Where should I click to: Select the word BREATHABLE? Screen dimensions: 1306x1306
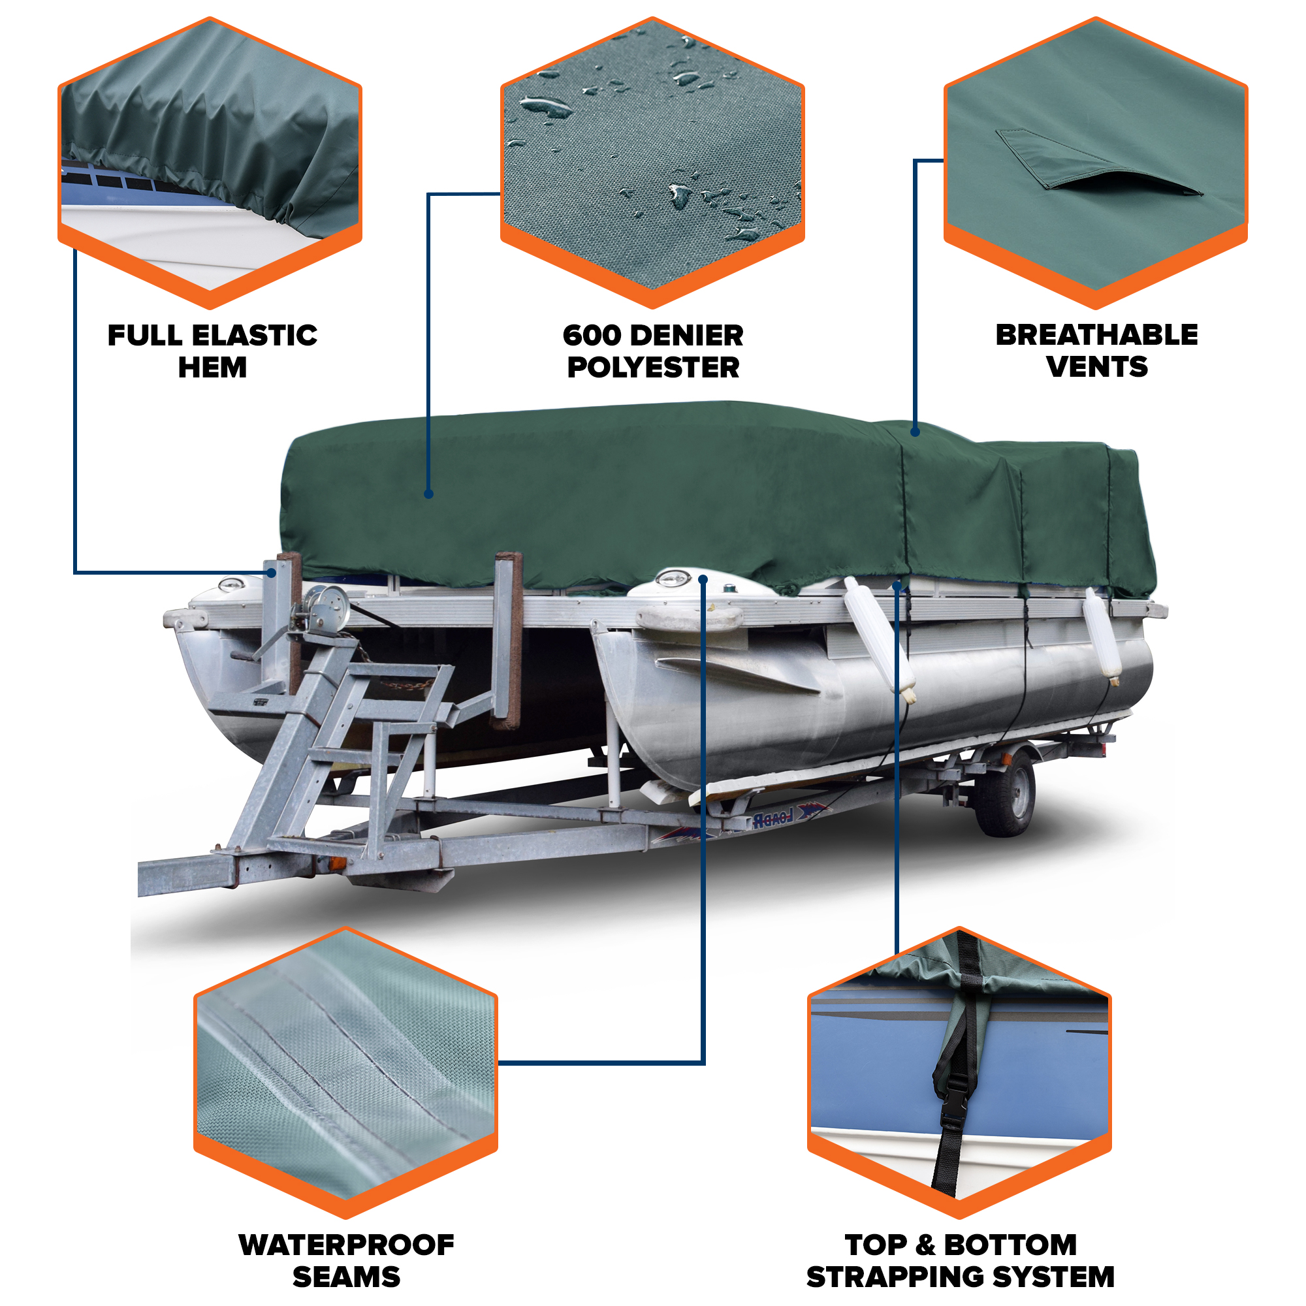point(1096,334)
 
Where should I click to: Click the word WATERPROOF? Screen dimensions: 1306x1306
point(346,1245)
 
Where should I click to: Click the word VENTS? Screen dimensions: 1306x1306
point(1096,367)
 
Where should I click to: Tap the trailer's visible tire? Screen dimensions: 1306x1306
point(1006,795)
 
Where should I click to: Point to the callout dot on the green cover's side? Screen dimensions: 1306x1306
point(428,494)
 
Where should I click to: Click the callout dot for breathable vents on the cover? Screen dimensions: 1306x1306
point(915,431)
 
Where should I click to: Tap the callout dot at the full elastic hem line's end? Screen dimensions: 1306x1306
point(271,573)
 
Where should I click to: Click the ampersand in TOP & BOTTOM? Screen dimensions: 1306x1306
point(925,1245)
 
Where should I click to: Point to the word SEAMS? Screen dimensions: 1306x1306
point(346,1277)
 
